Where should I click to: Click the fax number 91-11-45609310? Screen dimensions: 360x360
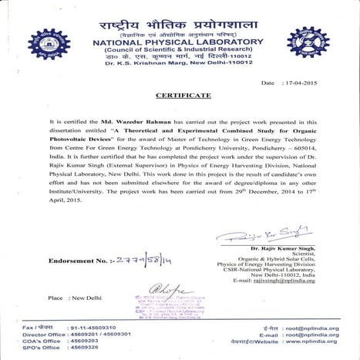(98, 328)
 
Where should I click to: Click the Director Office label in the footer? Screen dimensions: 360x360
(39, 335)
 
